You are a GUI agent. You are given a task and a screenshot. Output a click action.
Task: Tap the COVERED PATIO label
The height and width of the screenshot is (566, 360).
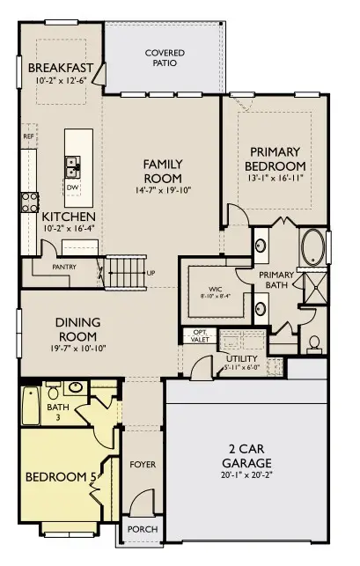point(165,58)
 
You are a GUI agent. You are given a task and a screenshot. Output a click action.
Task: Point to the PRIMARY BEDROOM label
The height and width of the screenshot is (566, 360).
point(276,158)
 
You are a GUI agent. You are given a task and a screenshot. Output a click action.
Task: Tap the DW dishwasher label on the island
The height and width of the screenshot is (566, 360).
point(72,187)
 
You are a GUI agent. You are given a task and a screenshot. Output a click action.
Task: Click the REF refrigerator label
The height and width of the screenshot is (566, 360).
point(28,137)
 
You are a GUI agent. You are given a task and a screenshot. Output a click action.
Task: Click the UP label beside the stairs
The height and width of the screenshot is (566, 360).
point(151,273)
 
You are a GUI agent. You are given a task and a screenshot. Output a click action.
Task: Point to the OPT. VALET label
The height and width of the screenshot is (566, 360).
point(199,334)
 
